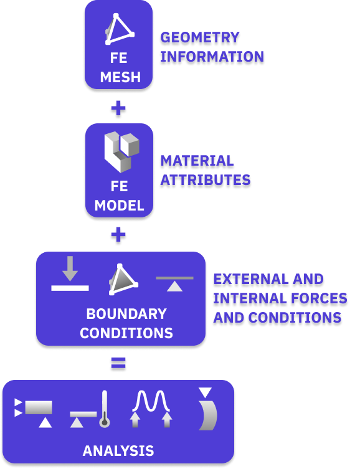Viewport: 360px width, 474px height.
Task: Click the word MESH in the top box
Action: point(120,77)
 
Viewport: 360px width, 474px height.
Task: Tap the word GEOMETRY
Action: point(200,37)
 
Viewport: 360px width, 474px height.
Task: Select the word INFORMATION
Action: point(212,57)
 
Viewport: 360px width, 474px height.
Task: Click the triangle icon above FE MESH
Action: point(120,29)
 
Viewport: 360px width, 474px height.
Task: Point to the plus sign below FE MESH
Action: point(118,108)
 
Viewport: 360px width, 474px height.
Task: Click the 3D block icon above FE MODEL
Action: point(121,152)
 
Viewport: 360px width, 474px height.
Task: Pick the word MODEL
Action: point(119,206)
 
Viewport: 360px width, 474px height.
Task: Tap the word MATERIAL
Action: point(197,161)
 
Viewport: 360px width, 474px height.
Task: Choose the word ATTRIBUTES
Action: point(206,180)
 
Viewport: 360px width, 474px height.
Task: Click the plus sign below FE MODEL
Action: point(118,235)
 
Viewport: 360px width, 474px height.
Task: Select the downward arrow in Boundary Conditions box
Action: point(70,268)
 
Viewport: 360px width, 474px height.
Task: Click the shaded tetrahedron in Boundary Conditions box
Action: point(123,279)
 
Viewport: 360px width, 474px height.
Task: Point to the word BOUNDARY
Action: point(126,314)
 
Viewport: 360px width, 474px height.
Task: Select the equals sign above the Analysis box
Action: point(118,363)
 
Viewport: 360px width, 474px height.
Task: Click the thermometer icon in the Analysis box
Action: point(105,409)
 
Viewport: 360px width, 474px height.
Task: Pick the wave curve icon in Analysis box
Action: point(151,401)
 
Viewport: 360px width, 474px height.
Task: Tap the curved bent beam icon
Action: point(208,415)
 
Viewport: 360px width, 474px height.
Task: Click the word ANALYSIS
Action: point(118,451)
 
